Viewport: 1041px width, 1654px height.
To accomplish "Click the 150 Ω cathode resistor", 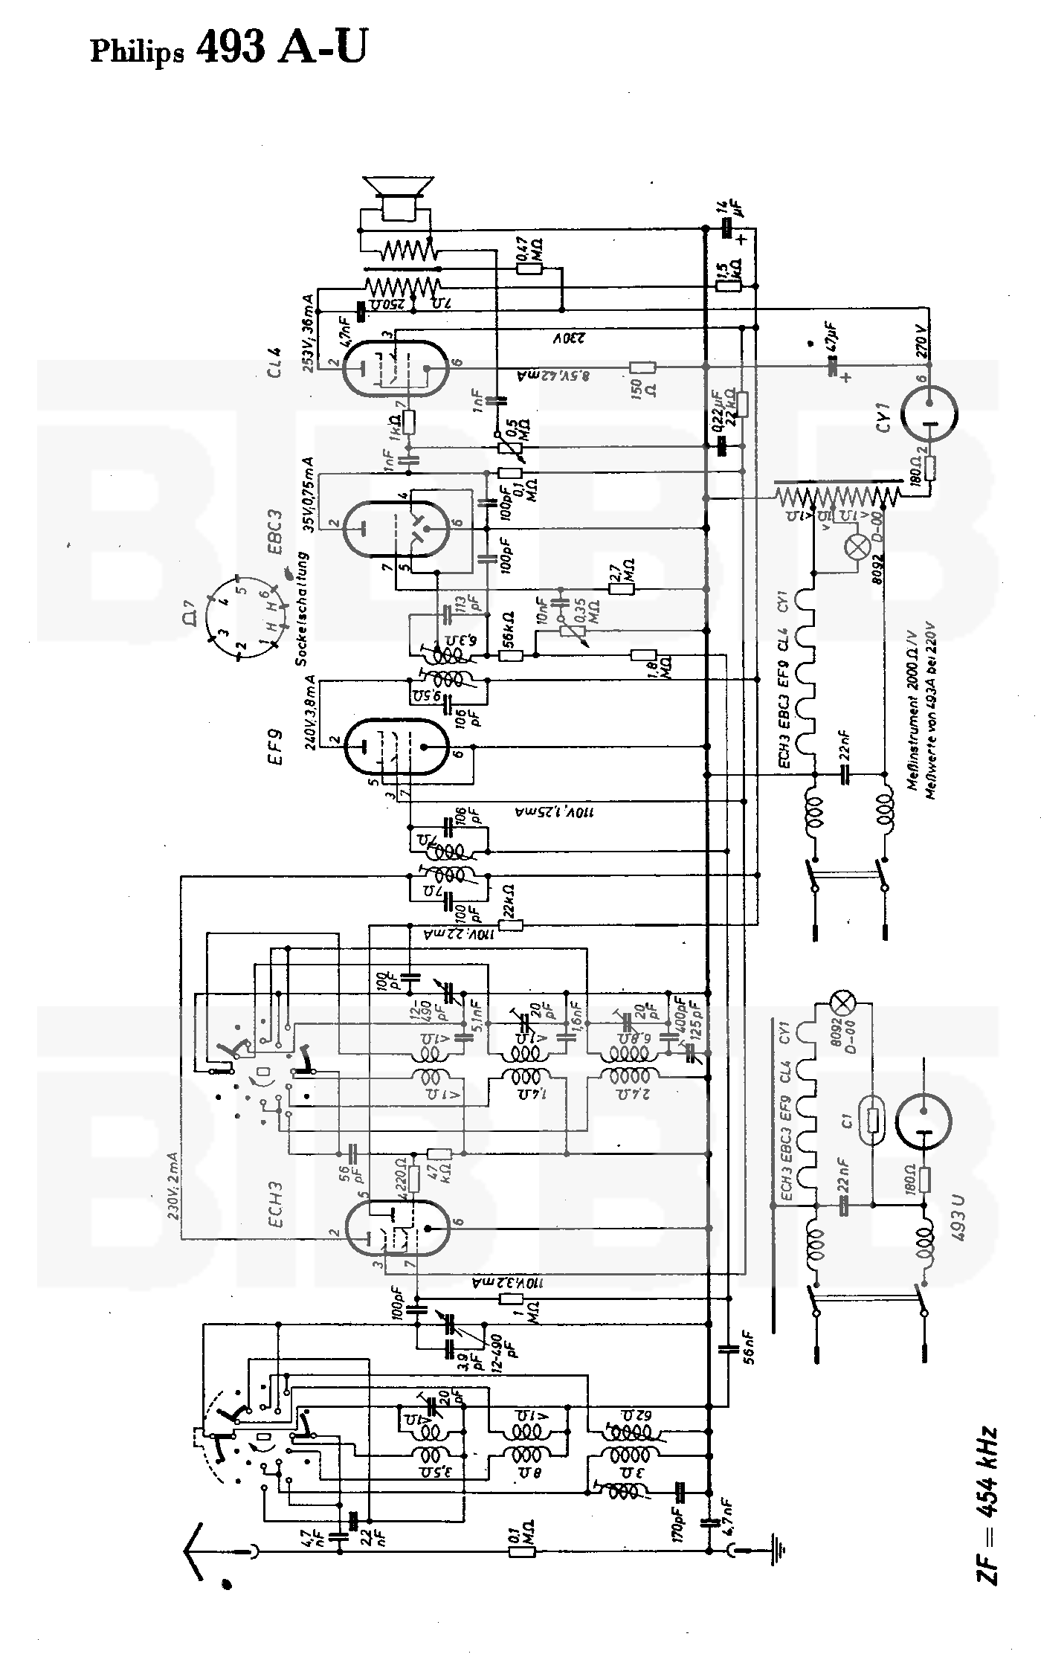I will coord(642,367).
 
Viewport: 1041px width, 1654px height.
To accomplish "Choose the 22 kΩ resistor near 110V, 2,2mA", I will coord(511,925).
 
